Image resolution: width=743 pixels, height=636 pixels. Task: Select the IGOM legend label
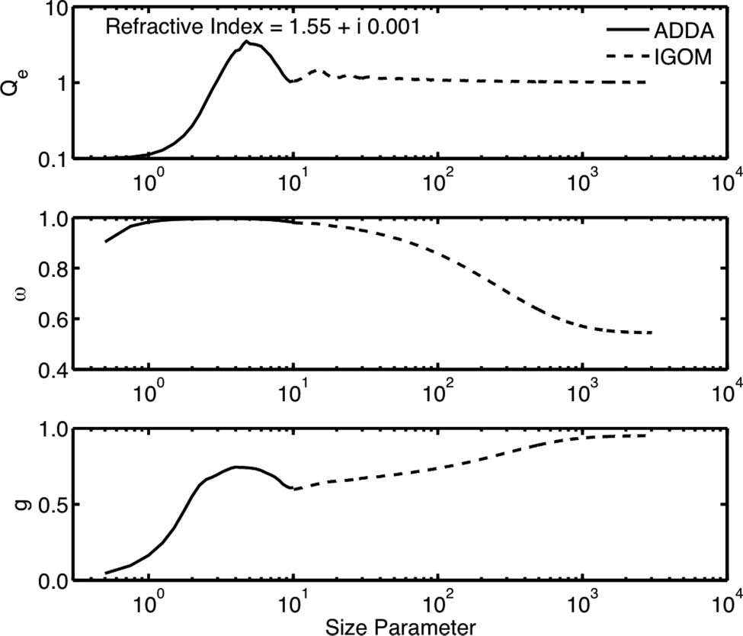680,56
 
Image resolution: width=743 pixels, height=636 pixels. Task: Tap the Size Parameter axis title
401,626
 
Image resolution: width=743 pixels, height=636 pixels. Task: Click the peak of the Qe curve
245,42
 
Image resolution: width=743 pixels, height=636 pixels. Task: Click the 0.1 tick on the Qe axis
56,159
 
